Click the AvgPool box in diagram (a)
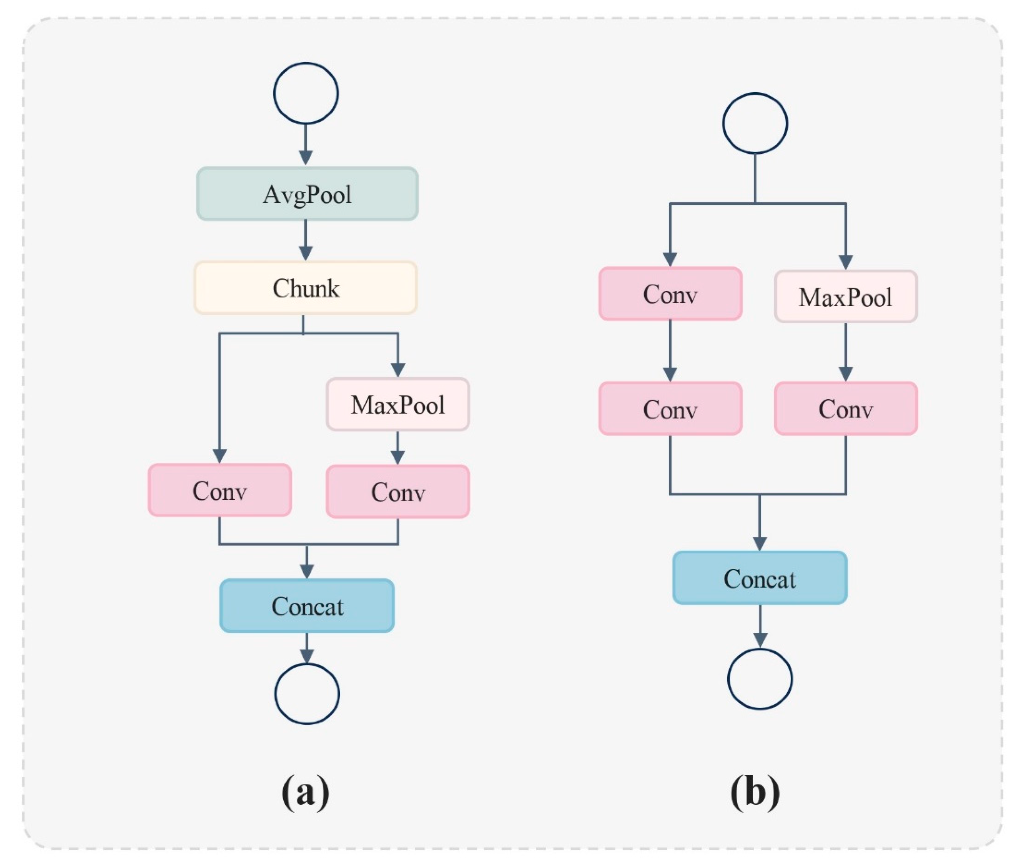307,194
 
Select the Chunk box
306,288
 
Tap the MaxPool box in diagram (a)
398,404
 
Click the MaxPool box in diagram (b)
846,297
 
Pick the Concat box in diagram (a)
307,606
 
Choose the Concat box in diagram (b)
760,578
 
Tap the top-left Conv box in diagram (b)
670,294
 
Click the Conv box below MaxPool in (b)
846,408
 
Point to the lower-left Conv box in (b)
670,408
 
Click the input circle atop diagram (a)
306,93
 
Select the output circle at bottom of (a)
307,693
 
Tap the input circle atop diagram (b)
755,123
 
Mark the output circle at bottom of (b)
760,678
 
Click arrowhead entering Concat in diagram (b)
760,543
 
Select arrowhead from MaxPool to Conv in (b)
846,374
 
